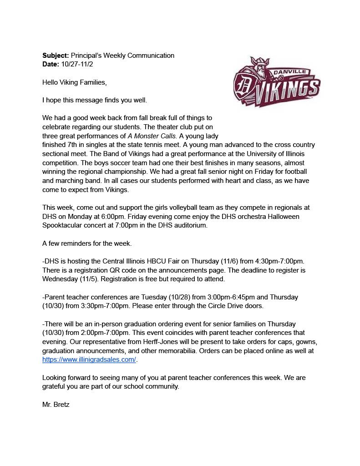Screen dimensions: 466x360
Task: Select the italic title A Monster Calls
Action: [x=153, y=136]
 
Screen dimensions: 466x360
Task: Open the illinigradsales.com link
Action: [x=89, y=360]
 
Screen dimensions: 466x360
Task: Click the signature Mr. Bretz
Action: [x=56, y=404]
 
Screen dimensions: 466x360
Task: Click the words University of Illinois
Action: [x=282, y=154]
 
